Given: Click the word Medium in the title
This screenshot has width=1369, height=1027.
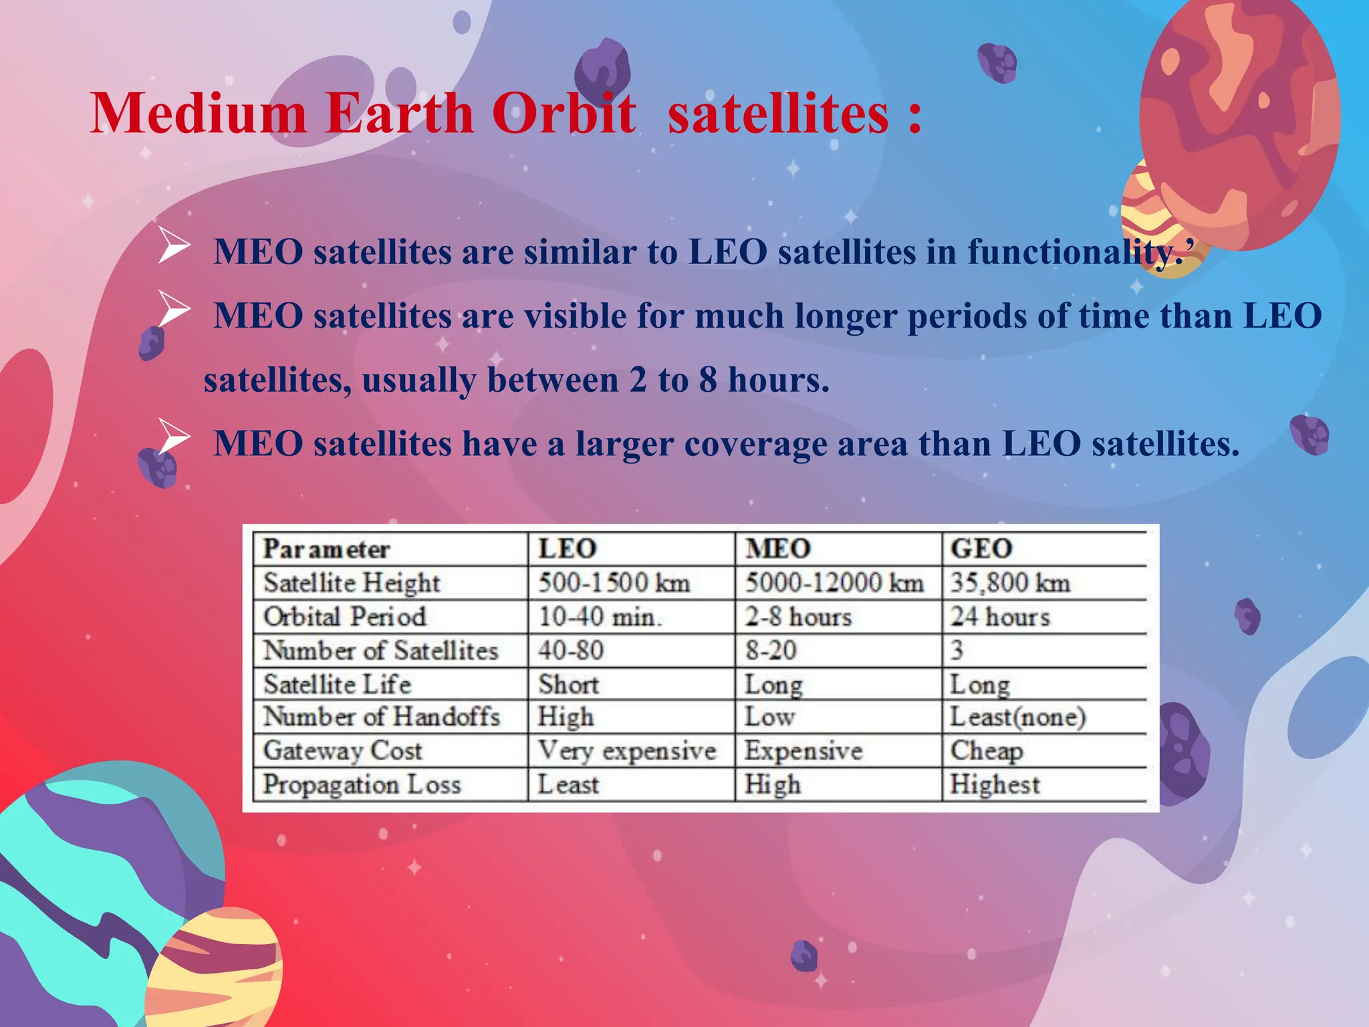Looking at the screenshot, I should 198,114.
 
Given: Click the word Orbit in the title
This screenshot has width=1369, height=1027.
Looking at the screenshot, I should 564,114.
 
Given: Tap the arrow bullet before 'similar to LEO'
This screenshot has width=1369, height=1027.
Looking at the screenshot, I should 174,245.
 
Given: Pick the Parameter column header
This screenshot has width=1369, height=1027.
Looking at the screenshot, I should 326,550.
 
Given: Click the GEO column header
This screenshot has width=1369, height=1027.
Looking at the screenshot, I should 981,549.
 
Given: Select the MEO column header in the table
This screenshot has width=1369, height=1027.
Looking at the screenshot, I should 778,549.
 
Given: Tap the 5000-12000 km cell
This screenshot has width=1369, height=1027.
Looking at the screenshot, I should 834,583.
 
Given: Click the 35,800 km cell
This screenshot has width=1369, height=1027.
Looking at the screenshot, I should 1010,583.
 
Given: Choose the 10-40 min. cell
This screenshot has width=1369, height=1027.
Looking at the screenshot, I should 600,616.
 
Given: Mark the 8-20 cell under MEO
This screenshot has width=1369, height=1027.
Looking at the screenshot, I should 771,650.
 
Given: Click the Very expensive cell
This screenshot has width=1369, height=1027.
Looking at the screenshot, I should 627,751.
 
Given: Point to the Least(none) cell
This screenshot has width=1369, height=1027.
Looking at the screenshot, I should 1018,717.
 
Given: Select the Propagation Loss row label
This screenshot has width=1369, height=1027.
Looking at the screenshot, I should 362,784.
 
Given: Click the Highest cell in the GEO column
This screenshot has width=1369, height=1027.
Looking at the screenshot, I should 995,784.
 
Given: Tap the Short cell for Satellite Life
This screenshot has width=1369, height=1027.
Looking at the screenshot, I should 568,684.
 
